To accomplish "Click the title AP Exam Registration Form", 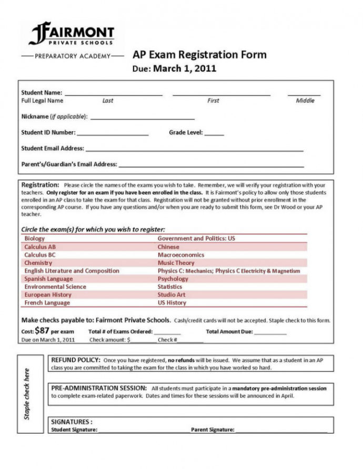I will click(199, 55).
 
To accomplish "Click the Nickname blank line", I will click(142, 118).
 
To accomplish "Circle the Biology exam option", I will click(35, 238).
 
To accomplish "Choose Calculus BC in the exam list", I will click(40, 255).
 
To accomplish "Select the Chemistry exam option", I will click(38, 263).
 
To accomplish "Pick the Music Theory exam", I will click(176, 263).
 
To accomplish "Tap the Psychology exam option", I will click(173, 279).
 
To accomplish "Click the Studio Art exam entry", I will click(172, 295).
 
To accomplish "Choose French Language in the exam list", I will click(47, 303).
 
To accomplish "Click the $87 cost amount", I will click(42, 331).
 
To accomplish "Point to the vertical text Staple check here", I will click(27, 393).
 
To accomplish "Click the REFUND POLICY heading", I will click(75, 360).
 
